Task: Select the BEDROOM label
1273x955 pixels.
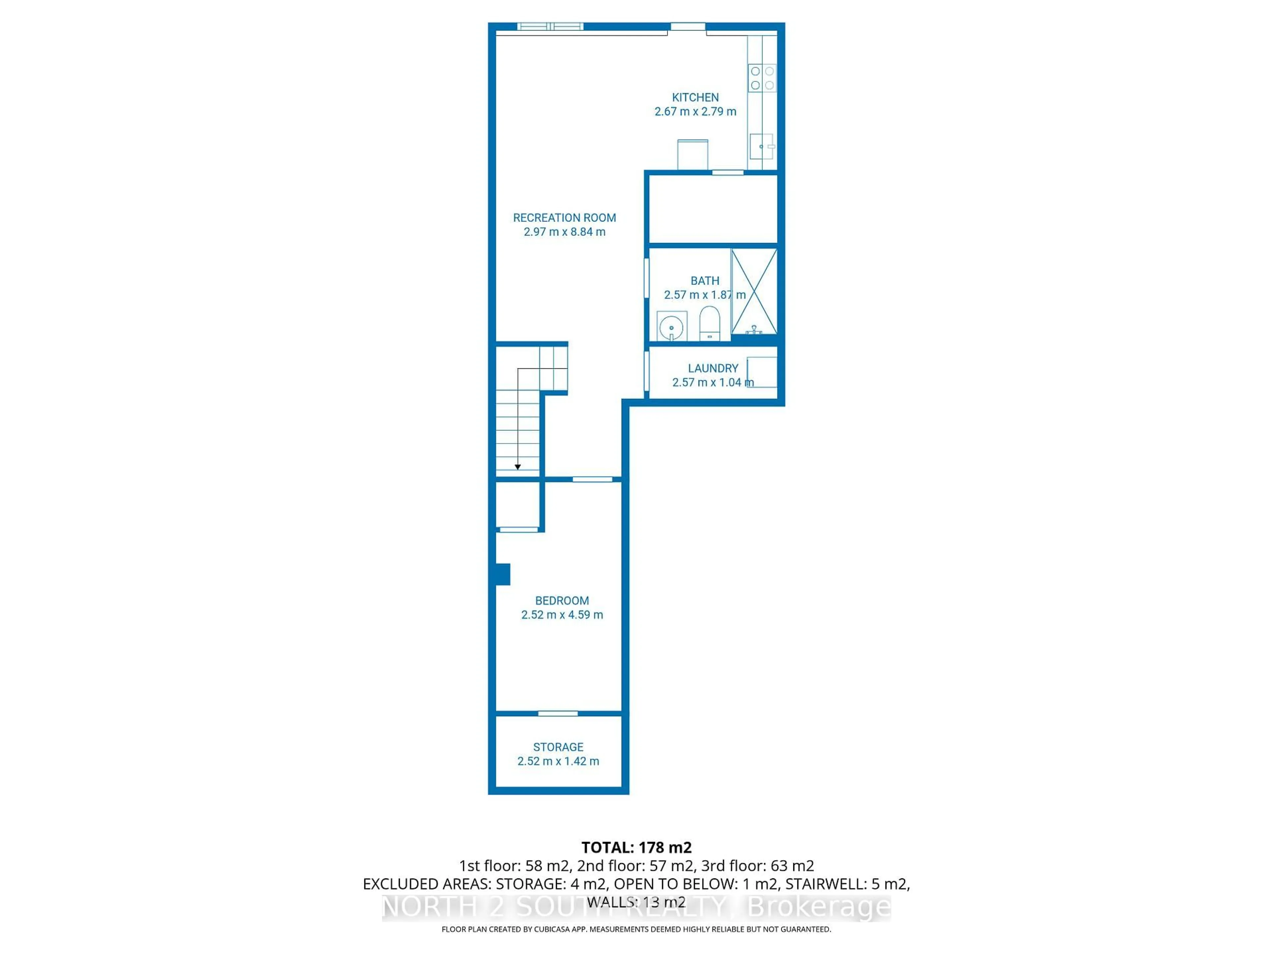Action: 562,601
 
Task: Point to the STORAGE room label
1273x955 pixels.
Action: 558,747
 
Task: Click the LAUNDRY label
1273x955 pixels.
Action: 712,368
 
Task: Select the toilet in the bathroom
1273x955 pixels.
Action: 709,324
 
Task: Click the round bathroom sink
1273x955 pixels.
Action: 672,327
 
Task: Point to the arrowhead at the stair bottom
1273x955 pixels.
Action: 518,467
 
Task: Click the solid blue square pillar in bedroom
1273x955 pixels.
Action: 503,574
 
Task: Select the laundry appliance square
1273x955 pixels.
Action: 762,372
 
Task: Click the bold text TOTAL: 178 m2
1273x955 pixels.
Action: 636,847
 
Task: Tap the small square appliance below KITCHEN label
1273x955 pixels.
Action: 692,154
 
